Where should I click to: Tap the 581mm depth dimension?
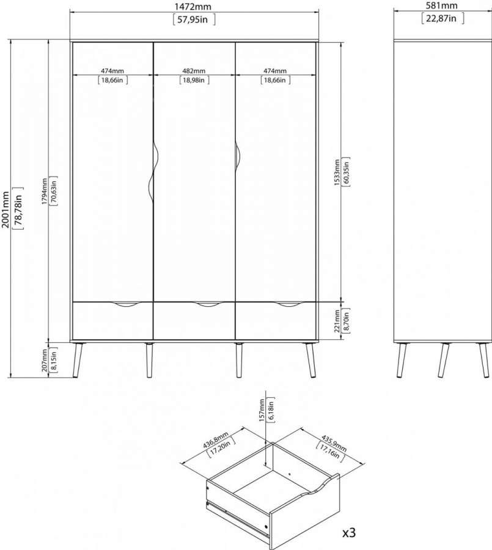click(442, 5)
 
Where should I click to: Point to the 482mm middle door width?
click(194, 71)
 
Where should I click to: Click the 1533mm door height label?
click(337, 172)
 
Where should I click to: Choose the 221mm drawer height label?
click(337, 321)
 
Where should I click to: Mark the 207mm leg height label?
click(44, 360)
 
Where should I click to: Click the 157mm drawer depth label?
click(262, 410)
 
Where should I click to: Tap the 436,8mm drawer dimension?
click(216, 440)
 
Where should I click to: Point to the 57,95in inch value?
click(194, 20)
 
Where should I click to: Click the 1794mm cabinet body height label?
click(44, 191)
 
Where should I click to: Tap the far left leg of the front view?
click(77, 360)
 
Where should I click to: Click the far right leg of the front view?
click(310, 360)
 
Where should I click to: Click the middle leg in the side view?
click(443, 360)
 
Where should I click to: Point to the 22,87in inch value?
click(442, 18)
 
